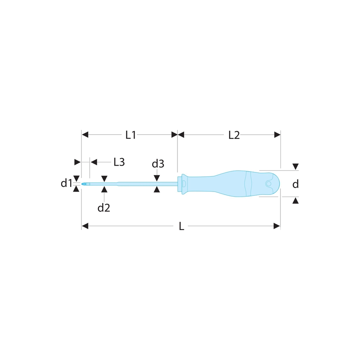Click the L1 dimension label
pyautogui.click(x=131, y=135)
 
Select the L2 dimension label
pyautogui.click(x=234, y=135)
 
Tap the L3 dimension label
pyautogui.click(x=119, y=162)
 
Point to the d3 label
pyautogui.click(x=158, y=164)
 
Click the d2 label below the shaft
pyautogui.click(x=104, y=208)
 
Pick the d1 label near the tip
pyautogui.click(x=66, y=183)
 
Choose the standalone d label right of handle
pyautogui.click(x=296, y=184)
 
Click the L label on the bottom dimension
pyautogui.click(x=181, y=226)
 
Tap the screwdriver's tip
pyautogui.click(x=82, y=184)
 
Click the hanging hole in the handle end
pyautogui.click(x=269, y=184)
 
